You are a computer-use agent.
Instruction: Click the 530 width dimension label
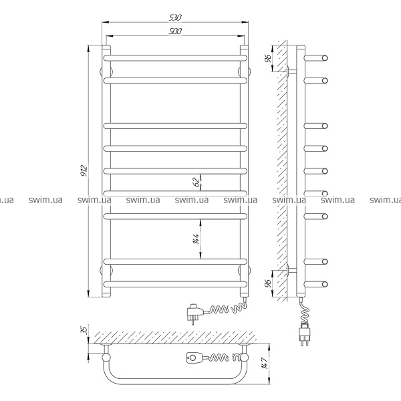[175, 17]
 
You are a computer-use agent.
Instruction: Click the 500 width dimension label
[175, 31]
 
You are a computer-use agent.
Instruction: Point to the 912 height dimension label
[84, 170]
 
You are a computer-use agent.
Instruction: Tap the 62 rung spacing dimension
[196, 182]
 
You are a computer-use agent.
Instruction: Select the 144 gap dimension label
[196, 239]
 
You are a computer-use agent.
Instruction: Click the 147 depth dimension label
[265, 363]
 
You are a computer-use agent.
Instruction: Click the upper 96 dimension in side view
[268, 59]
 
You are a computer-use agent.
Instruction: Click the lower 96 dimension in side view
[268, 283]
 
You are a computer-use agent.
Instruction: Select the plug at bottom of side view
[304, 333]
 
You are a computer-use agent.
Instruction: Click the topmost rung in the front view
[175, 58]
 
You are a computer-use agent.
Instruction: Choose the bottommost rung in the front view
[175, 284]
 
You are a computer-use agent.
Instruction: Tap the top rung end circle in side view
[325, 58]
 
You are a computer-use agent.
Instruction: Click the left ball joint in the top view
[106, 358]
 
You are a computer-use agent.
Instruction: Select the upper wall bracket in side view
[292, 72]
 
